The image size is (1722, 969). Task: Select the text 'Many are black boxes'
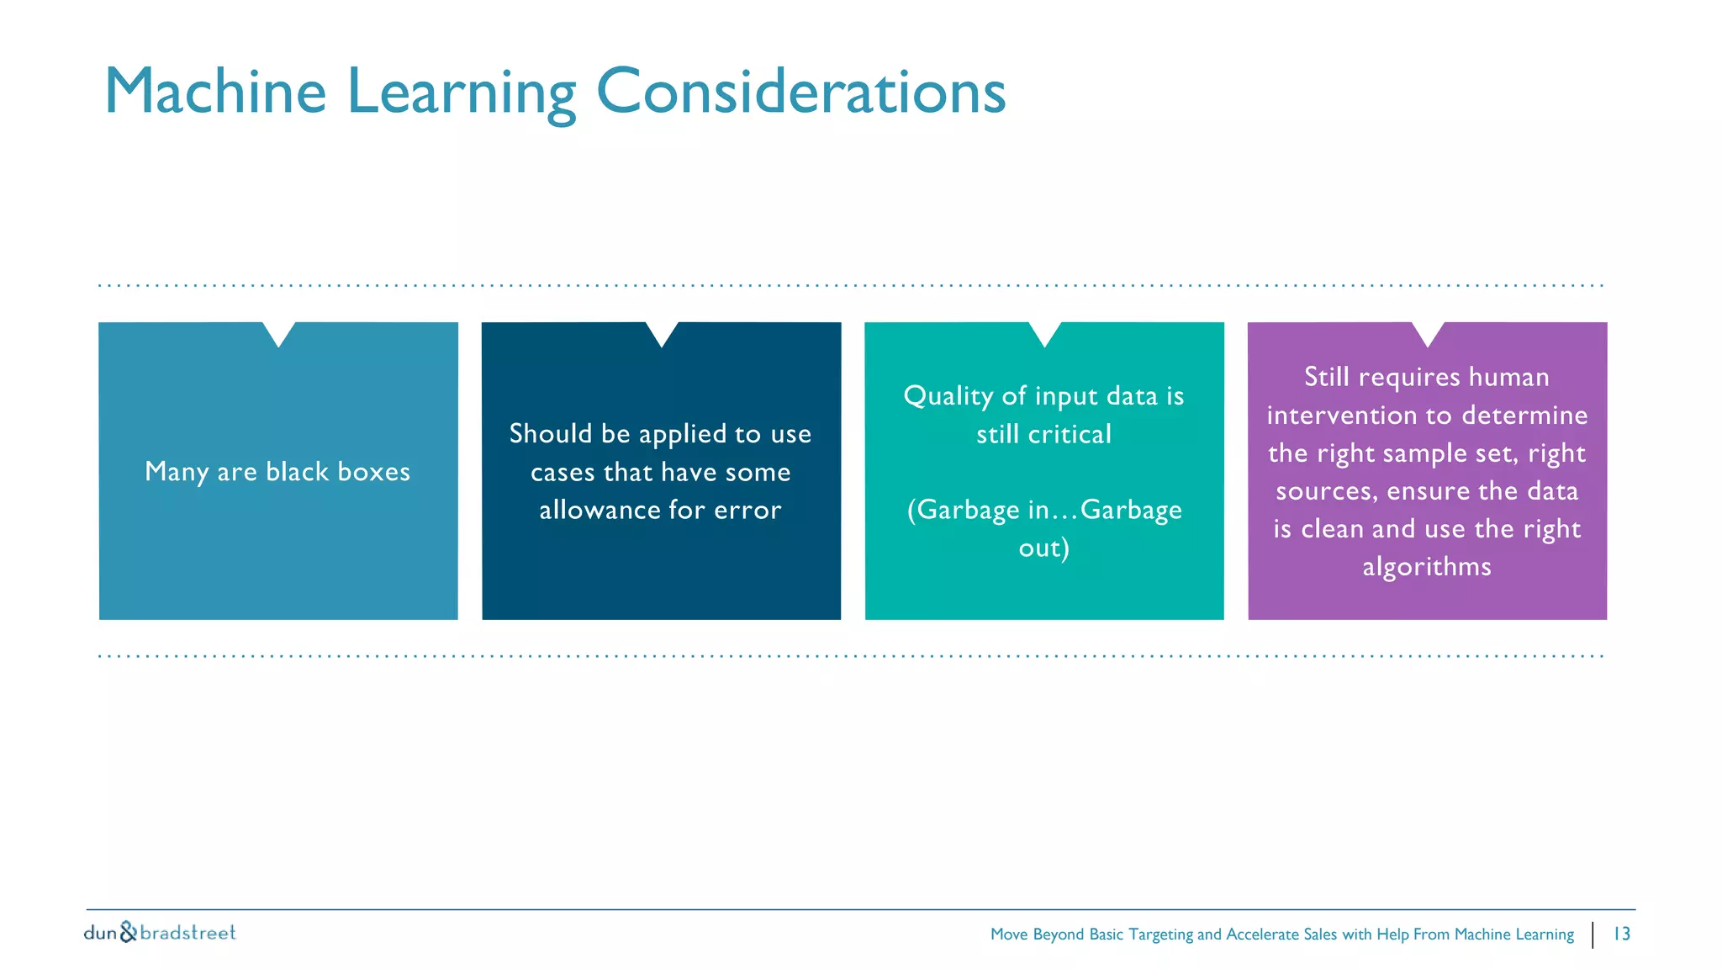[277, 471]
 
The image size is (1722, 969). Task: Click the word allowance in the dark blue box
[600, 510]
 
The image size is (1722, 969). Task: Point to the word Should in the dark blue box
[551, 433]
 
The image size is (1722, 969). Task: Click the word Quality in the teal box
[948, 396]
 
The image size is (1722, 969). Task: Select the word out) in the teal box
[1043, 548]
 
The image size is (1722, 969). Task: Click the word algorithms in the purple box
[1427, 567]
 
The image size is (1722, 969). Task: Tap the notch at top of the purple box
[1428, 332]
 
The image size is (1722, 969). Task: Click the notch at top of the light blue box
[278, 332]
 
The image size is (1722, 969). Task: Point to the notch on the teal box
[1044, 332]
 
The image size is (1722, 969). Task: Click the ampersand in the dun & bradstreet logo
[129, 932]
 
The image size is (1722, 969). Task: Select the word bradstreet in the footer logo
[188, 932]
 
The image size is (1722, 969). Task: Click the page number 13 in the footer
[1621, 934]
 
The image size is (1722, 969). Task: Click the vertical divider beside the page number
[1593, 935]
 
